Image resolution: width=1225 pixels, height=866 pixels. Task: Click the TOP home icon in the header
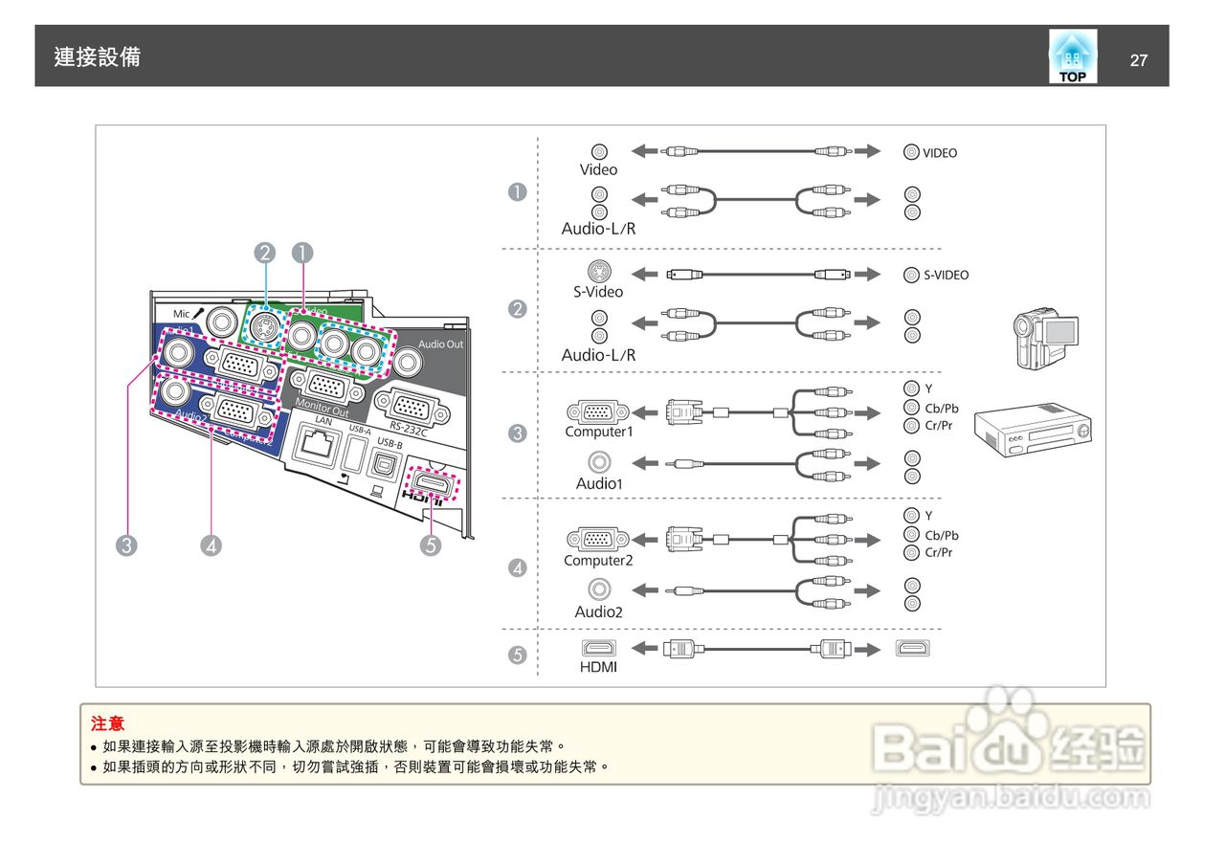pos(1072,56)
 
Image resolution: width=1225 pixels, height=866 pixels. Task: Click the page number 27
pos(1138,60)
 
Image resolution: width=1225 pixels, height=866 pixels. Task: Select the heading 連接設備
pos(98,57)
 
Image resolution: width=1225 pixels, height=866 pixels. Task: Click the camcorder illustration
pos(1046,337)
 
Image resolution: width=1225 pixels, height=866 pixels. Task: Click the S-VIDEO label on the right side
pos(946,276)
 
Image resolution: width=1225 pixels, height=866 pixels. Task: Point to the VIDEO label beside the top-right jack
pos(939,153)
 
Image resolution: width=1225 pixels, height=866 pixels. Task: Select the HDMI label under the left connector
pos(598,667)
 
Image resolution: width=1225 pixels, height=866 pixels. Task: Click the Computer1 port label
pos(598,432)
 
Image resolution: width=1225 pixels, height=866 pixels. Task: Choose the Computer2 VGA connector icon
pos(598,539)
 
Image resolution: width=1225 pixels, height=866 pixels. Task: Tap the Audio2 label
pos(598,612)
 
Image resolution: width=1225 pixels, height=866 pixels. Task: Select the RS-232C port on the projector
pos(410,406)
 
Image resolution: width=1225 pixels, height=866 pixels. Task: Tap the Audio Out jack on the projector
pos(408,362)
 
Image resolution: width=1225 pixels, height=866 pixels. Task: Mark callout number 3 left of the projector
pos(126,545)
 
